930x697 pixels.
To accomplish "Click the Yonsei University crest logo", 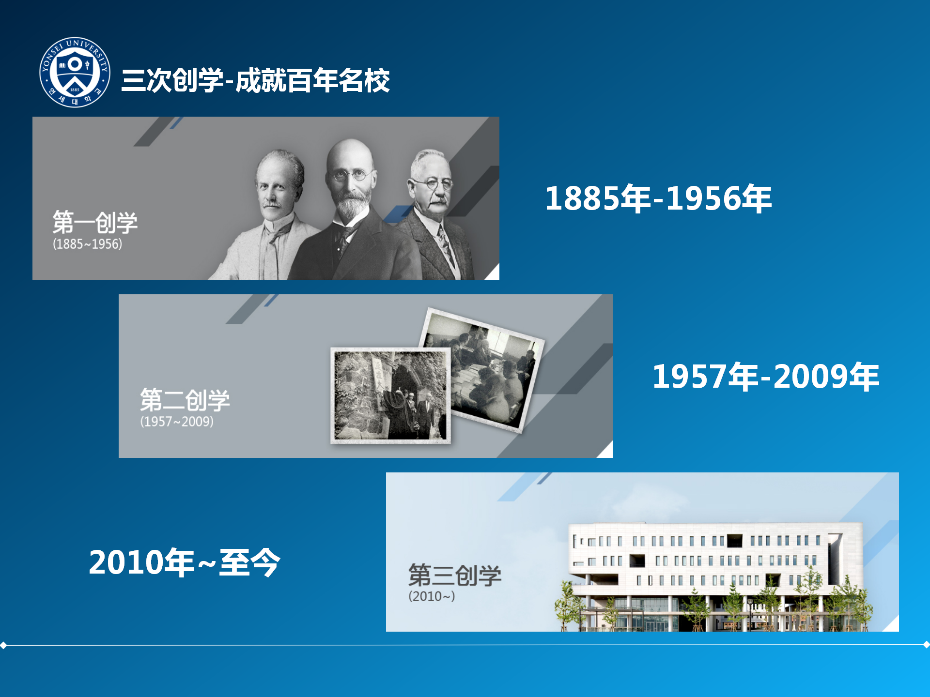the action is coord(75,72).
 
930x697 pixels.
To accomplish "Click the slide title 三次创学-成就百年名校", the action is coord(255,80).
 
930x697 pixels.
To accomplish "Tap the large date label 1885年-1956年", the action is coord(658,198).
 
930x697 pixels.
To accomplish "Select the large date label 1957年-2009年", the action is coord(766,377).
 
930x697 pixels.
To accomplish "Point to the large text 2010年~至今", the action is coord(185,562).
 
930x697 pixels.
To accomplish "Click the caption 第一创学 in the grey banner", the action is coord(95,223).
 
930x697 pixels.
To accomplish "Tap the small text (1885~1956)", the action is coord(87,244).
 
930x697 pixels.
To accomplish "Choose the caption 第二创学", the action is coord(185,400).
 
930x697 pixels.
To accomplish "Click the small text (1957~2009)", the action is coord(177,422).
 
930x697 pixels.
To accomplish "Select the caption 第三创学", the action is coord(455,575).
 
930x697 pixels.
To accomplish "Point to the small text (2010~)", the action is coord(432,596).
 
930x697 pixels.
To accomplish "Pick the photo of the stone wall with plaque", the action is coord(390,395).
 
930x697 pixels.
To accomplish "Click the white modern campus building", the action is coord(714,576).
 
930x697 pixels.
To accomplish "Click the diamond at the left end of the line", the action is coord(3,645).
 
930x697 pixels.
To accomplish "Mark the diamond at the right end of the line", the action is coord(926,645).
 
